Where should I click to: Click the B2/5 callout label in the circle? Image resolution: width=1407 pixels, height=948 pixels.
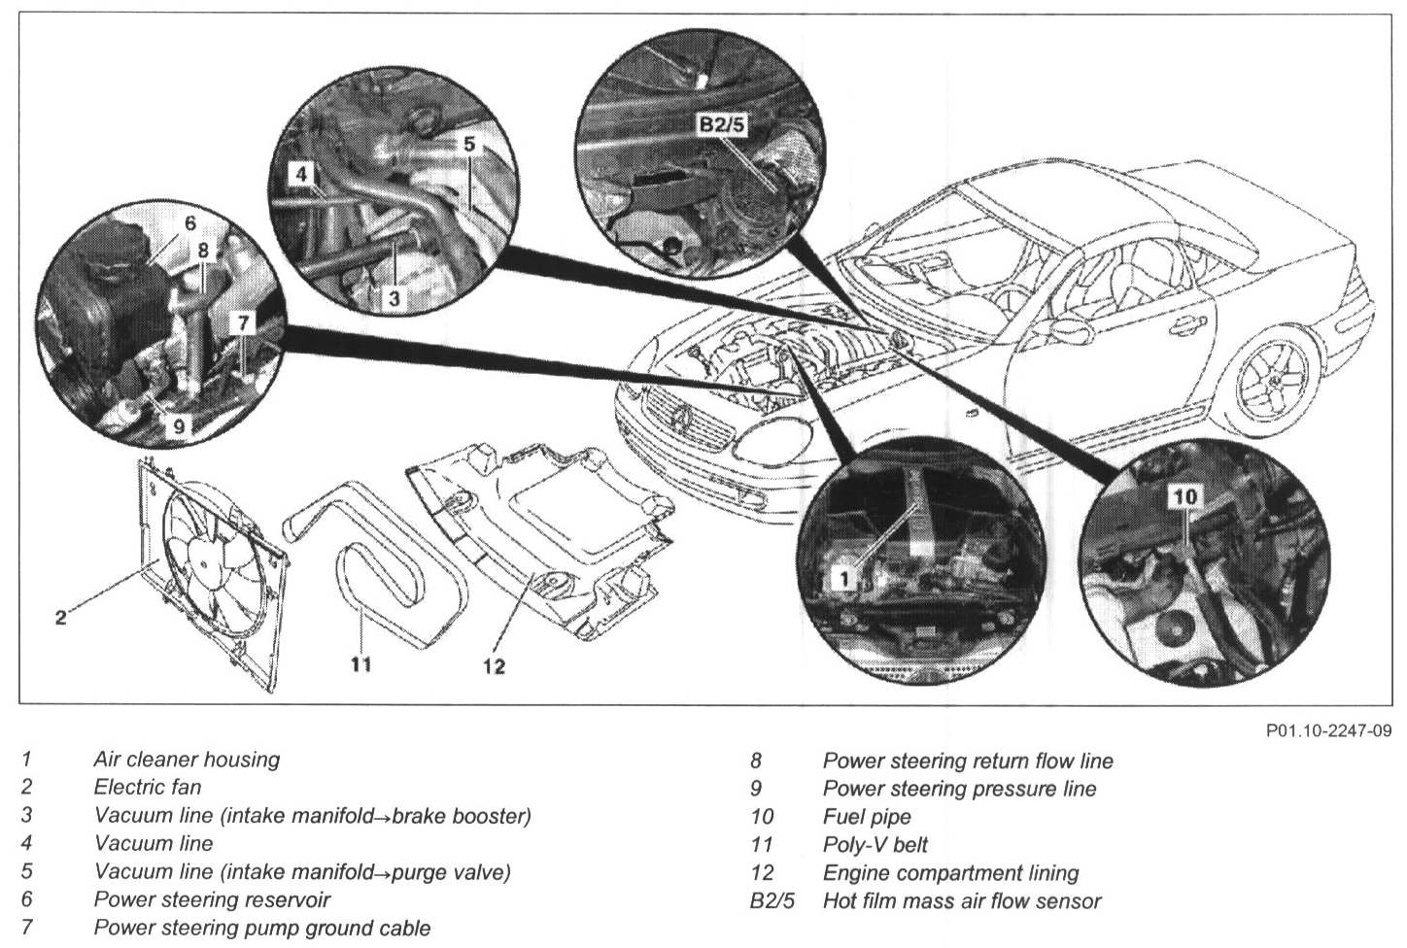click(x=719, y=124)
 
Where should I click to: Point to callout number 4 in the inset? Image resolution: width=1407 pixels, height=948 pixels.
click(x=302, y=176)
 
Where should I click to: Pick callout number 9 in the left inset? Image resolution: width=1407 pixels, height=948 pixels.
click(x=180, y=424)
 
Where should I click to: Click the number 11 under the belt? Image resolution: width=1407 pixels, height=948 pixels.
click(x=361, y=665)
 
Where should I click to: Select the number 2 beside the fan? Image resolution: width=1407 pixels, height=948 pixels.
click(x=60, y=618)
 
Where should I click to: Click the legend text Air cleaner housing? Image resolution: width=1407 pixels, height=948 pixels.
click(x=187, y=760)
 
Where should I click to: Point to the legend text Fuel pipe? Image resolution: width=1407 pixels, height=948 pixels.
click(x=867, y=817)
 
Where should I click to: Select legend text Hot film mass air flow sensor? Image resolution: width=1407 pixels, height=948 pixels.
click(x=962, y=901)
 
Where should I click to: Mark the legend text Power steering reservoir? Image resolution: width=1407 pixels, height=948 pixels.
click(x=212, y=900)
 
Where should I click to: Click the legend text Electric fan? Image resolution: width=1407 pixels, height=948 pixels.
click(x=148, y=788)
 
